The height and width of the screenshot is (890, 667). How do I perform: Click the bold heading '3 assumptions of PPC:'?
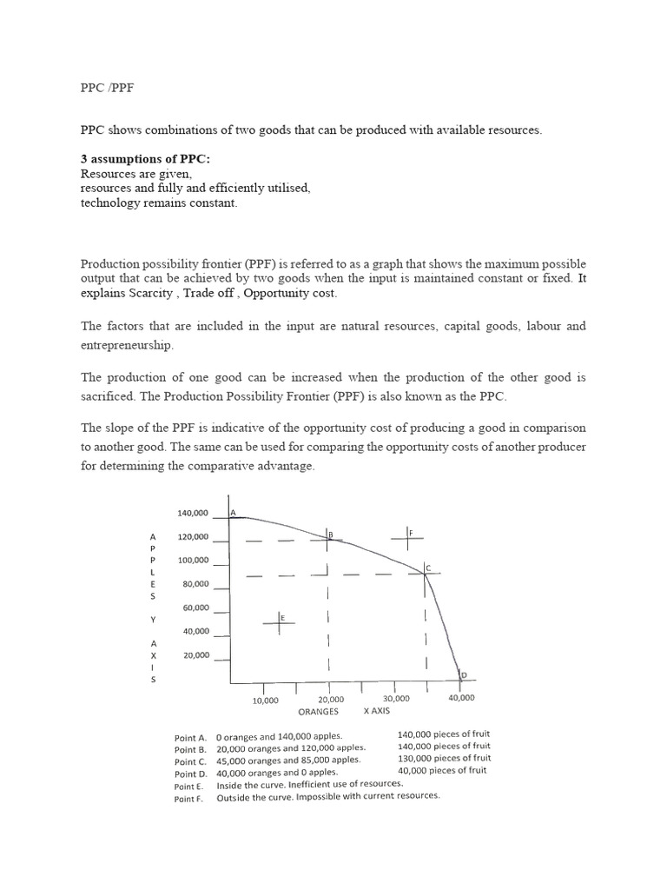click(140, 159)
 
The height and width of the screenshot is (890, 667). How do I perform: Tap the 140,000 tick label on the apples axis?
click(193, 514)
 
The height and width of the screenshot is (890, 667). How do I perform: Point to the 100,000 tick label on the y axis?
click(193, 561)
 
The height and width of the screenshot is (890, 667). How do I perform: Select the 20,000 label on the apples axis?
click(195, 655)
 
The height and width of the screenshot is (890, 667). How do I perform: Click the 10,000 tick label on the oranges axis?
click(265, 700)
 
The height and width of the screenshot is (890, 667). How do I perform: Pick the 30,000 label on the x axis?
click(396, 699)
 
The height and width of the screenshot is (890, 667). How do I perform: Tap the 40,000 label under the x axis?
click(461, 698)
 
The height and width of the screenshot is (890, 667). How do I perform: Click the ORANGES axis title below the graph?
click(318, 711)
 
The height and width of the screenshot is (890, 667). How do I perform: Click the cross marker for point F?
click(406, 538)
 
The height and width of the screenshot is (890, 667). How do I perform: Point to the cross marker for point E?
click(280, 621)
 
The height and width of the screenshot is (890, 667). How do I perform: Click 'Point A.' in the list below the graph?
click(191, 736)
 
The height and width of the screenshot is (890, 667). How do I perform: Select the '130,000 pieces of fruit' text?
click(444, 758)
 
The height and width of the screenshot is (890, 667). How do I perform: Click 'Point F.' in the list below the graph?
click(188, 799)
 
